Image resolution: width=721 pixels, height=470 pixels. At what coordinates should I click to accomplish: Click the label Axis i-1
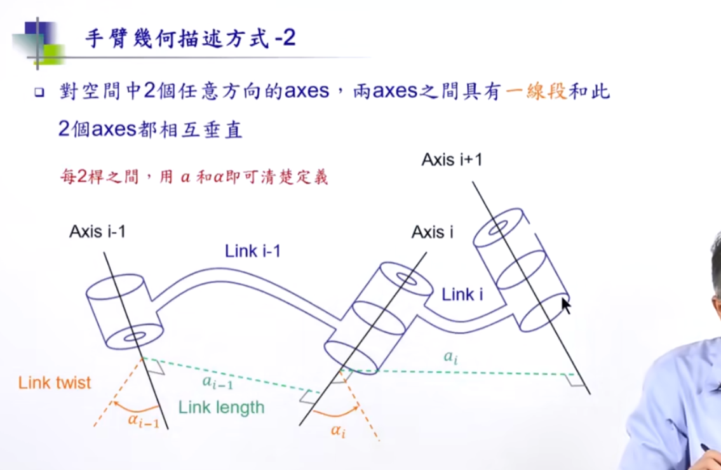pos(97,232)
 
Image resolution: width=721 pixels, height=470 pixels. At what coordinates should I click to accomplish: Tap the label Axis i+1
pos(451,159)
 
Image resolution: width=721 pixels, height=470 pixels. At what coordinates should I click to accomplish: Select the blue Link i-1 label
pos(253,252)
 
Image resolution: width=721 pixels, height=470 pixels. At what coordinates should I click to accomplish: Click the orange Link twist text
pos(55,383)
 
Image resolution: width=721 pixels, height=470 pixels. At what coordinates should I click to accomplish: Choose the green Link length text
pos(221,407)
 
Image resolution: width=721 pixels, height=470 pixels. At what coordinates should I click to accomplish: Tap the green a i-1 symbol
pos(216,381)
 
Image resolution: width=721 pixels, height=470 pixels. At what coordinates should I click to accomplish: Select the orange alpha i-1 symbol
pos(143,420)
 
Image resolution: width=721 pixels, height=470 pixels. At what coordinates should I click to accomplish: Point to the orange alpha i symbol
pos(338,430)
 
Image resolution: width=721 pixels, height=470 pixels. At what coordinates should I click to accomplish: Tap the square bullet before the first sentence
pos(39,93)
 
